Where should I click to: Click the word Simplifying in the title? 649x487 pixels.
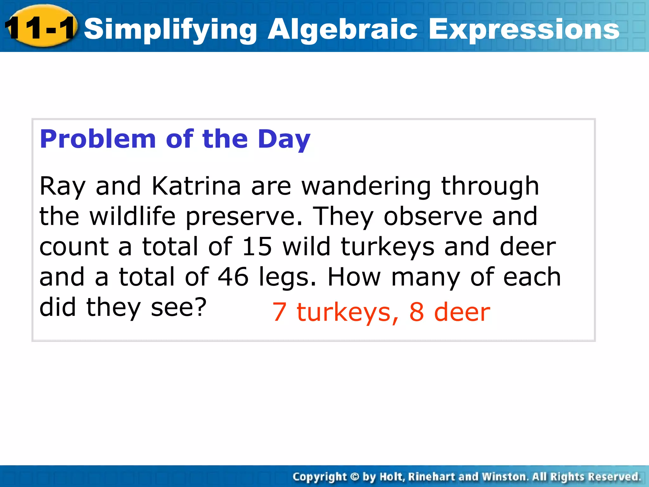coord(170,29)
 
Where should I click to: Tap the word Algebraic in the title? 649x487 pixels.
coord(342,29)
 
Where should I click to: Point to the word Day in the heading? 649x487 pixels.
coord(284,140)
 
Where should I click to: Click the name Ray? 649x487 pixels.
coord(62,186)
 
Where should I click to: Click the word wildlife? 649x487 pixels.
coord(132,216)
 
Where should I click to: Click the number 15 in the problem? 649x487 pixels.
coord(257,247)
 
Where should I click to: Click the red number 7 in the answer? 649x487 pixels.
coord(280,312)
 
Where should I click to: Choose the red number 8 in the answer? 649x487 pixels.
coord(416,312)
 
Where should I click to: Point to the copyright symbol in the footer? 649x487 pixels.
coord(355,477)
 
